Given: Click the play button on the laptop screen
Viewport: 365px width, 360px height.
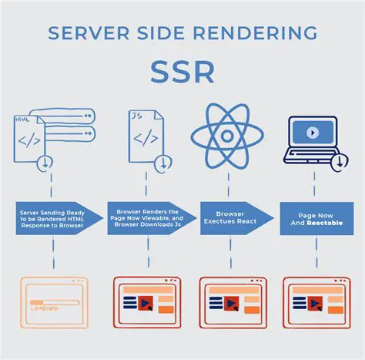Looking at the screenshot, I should tap(312, 132).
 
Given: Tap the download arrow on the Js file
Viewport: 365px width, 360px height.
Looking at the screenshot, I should tap(162, 163).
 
